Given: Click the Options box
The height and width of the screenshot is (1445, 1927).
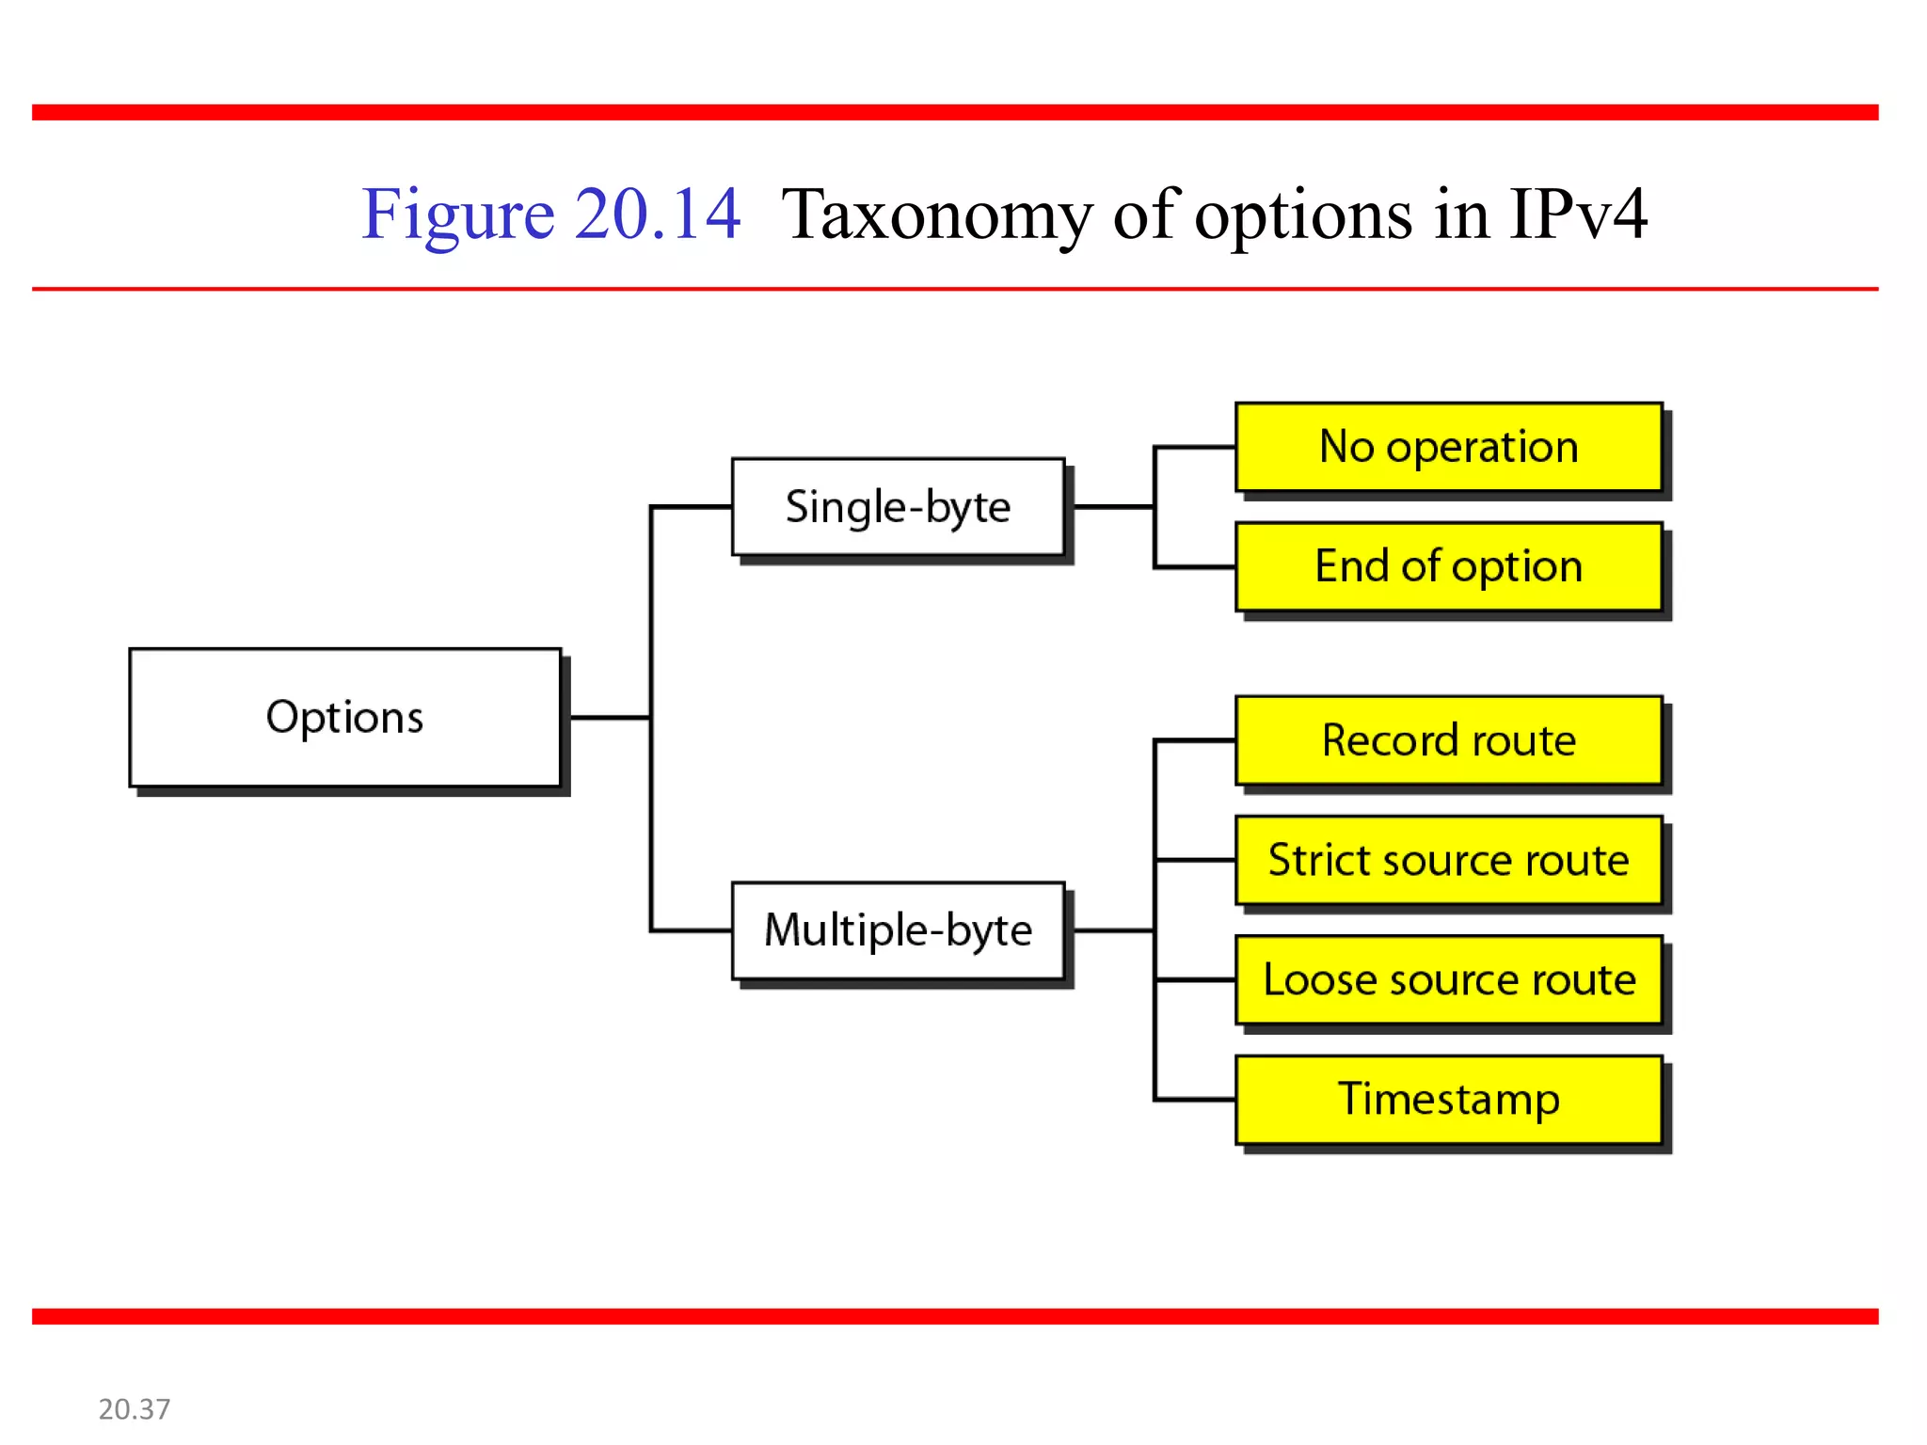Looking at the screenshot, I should tap(344, 717).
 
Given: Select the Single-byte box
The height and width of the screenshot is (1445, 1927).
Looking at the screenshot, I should tap(898, 507).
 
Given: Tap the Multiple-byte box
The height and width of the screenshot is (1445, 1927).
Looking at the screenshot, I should tap(898, 930).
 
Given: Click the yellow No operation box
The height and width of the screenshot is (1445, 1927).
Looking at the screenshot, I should tap(1448, 447).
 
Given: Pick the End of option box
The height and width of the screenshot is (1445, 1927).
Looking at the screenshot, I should tap(1448, 566).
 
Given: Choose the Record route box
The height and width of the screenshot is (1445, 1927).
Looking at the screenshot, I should tap(1448, 740).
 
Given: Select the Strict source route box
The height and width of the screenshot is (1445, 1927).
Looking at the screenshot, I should tap(1448, 860).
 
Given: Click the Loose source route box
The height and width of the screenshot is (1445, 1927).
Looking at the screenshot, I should tap(1448, 979).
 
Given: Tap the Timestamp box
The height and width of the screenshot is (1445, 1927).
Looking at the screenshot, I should tap(1448, 1099).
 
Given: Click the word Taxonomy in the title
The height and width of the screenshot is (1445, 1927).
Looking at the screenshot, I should tap(935, 214).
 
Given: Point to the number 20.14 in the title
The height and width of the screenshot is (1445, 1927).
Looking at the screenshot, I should tap(657, 214).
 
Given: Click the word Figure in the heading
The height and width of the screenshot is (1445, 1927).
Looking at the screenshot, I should tap(458, 214).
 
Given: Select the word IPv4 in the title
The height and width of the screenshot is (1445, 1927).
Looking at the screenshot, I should tap(1578, 214).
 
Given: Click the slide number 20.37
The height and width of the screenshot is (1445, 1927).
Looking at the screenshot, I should tap(135, 1408).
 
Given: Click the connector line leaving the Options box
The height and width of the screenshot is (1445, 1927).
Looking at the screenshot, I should tap(610, 718).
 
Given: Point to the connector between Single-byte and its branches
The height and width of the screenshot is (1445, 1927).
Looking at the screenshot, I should tap(1112, 507).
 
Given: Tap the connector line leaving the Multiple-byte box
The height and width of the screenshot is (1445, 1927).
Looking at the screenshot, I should tap(1112, 930).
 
